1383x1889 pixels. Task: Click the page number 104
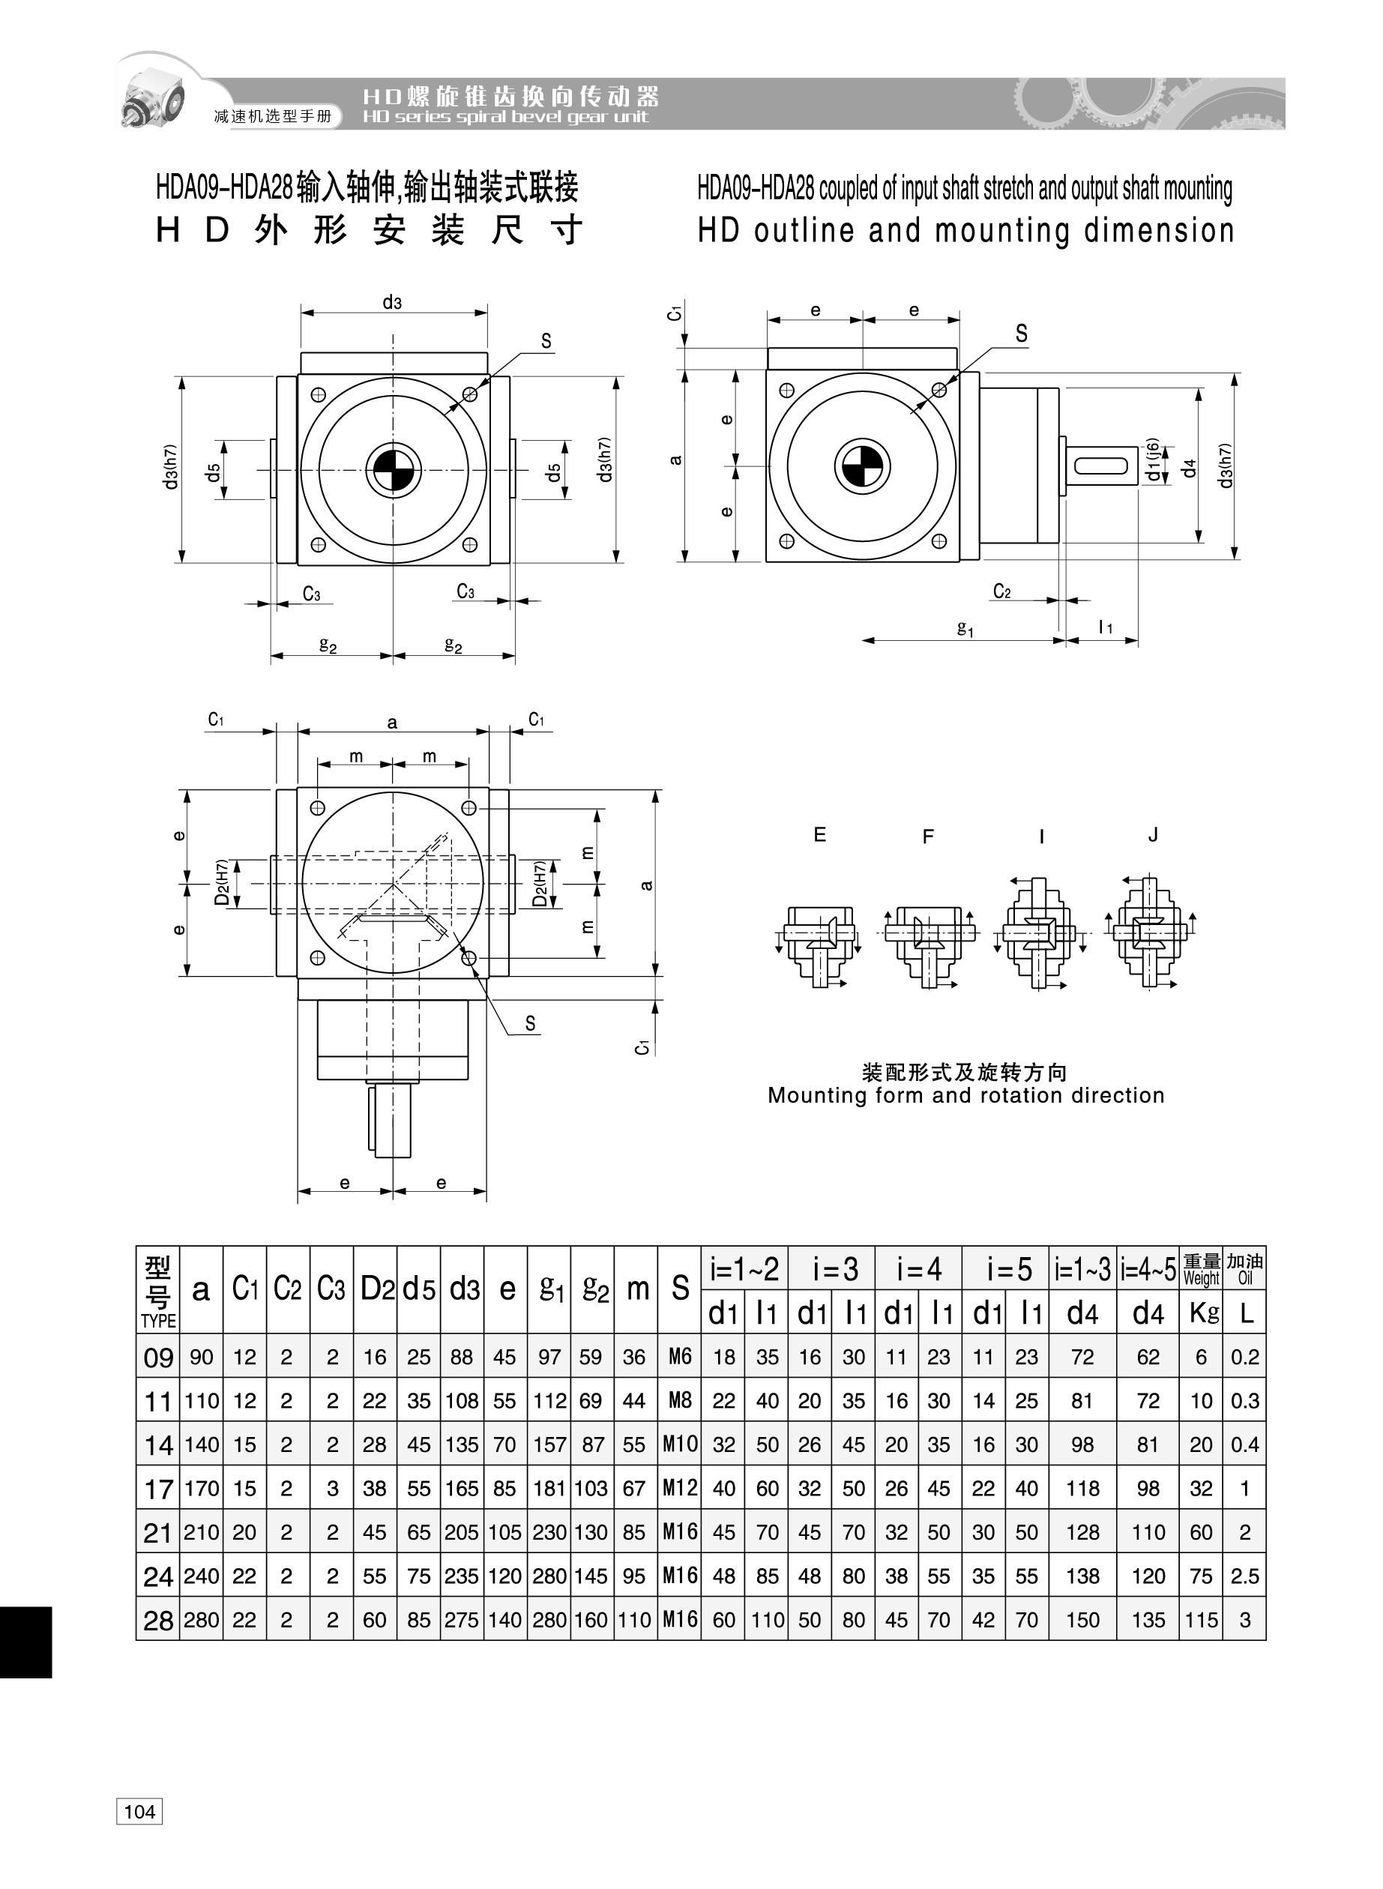tap(139, 1812)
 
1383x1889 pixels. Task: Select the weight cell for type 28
tap(1202, 1619)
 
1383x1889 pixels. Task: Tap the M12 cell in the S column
tap(680, 1487)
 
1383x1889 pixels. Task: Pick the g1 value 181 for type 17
tap(549, 1488)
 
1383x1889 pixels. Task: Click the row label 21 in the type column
tap(158, 1532)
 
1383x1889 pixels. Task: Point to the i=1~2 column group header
tap(744, 1269)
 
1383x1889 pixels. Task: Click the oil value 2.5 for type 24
tap(1245, 1576)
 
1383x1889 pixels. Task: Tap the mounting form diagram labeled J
tap(1152, 933)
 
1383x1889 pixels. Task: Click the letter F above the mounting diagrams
tap(927, 836)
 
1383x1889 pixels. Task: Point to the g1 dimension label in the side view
tap(965, 627)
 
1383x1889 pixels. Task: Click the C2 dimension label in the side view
tap(1002, 591)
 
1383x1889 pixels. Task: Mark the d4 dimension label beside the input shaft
tap(1189, 469)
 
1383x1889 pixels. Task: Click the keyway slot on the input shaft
tap(1102, 465)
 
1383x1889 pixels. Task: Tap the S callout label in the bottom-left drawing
tap(530, 1022)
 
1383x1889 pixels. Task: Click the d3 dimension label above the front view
tap(392, 302)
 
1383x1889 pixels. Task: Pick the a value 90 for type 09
tap(202, 1357)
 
